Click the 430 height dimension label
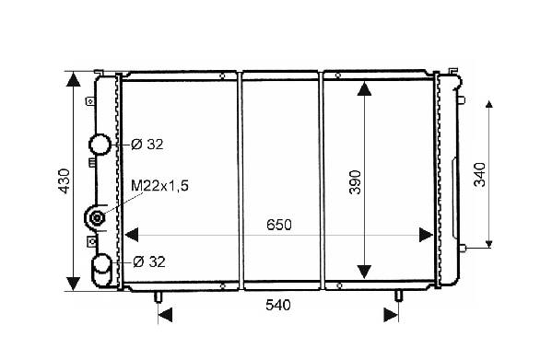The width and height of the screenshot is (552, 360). [x=65, y=181]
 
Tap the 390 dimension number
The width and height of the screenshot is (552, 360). [x=355, y=182]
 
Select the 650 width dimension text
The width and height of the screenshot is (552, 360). [x=279, y=225]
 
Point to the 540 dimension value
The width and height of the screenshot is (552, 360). [x=278, y=305]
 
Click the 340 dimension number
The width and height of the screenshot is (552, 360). [x=480, y=174]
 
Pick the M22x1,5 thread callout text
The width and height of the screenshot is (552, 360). [x=159, y=186]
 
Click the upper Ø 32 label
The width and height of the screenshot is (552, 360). [x=147, y=145]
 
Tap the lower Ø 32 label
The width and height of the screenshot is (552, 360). [x=149, y=261]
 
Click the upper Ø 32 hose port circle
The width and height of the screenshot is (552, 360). [x=100, y=145]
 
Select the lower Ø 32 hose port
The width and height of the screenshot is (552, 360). [x=101, y=269]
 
